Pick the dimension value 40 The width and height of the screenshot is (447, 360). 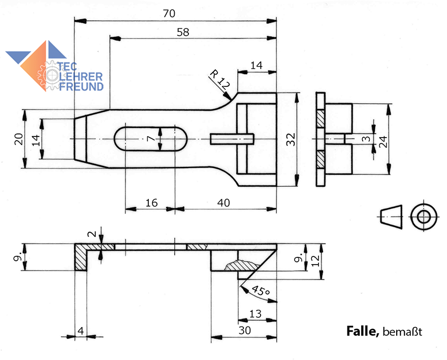click(x=223, y=202)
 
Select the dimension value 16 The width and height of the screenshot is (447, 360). click(x=151, y=202)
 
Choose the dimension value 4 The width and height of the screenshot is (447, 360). click(x=80, y=330)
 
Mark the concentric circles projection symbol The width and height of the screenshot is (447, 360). click(x=423, y=217)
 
